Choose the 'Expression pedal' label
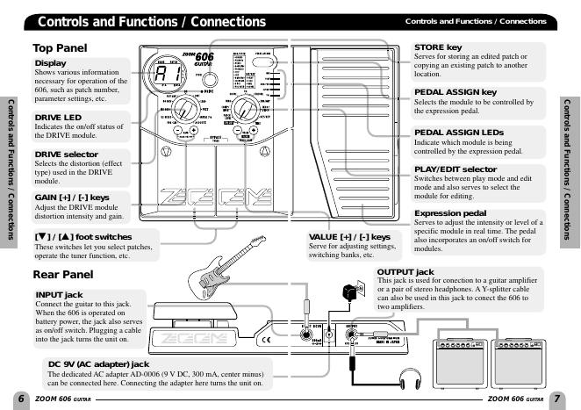point(452,213)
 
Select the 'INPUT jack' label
point(60,294)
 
